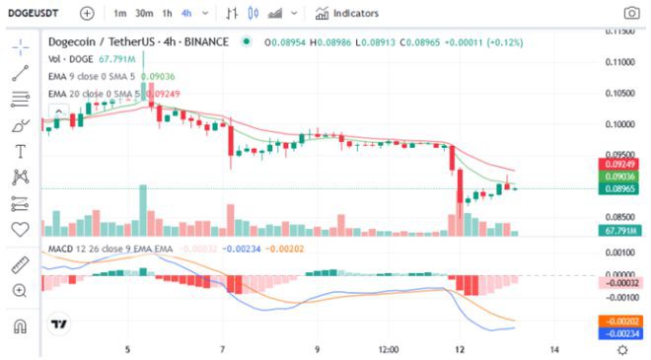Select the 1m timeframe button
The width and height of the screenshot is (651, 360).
tap(119, 13)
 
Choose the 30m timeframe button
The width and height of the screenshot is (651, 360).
tap(144, 13)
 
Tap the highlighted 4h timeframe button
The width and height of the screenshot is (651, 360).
tap(186, 13)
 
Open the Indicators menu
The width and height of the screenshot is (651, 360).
tap(346, 13)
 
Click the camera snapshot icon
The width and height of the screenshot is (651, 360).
tap(630, 13)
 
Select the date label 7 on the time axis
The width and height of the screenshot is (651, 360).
tap(224, 349)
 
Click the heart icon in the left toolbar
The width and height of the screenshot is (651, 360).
tap(19, 229)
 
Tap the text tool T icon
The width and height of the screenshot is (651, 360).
tap(19, 151)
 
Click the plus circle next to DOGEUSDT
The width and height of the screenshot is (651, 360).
tap(87, 13)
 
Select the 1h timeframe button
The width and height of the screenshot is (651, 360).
tap(167, 13)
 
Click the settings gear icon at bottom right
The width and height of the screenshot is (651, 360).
tap(622, 349)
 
